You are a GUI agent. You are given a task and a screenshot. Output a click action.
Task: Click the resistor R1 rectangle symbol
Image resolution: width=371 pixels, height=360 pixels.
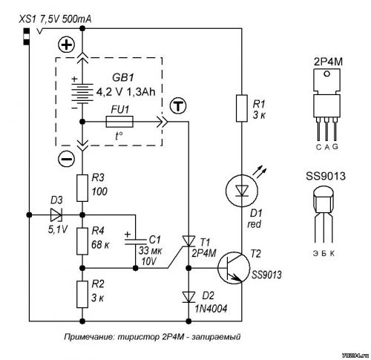242,108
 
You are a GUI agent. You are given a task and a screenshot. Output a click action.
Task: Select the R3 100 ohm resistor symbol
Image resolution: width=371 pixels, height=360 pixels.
82,188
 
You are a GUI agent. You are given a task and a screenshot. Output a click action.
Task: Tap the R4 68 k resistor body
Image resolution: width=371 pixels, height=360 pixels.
82,241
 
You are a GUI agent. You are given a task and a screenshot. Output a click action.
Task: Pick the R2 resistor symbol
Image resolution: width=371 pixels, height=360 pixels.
82,295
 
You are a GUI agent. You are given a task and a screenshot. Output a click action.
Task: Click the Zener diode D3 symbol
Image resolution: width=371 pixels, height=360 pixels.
56,215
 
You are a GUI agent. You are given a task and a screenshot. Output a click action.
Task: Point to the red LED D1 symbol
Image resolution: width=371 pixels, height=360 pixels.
242,191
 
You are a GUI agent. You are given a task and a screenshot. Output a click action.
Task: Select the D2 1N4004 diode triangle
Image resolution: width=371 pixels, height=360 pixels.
188,297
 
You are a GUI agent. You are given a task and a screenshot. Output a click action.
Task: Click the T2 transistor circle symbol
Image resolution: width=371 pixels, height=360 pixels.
234,268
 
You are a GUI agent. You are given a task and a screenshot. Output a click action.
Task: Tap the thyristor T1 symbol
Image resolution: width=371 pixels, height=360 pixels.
188,241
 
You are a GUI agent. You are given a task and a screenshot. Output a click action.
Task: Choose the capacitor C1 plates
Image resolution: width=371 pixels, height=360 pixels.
135,242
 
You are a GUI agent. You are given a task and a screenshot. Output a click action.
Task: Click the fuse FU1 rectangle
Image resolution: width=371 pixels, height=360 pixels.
119,122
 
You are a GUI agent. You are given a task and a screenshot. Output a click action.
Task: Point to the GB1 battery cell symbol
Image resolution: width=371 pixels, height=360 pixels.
82,93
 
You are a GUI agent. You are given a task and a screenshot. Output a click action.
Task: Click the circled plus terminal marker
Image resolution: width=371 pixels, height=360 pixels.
66,45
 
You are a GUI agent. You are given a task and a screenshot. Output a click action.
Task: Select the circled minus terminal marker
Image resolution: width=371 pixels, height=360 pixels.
66,159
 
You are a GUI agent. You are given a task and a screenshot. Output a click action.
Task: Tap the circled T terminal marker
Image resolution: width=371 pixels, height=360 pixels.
178,106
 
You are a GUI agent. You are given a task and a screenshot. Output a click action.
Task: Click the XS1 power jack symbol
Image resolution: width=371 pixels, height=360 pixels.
26,36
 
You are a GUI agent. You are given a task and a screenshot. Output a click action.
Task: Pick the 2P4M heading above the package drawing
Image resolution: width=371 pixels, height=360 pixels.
328,62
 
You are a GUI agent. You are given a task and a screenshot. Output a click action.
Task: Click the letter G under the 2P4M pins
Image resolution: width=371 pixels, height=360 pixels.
335,147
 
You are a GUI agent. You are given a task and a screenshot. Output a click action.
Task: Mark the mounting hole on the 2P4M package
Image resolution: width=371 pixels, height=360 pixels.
327,73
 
